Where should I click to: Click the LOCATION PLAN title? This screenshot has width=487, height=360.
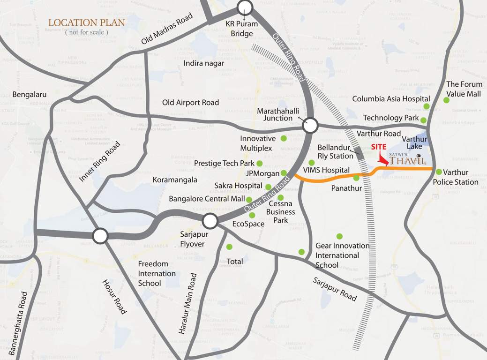pos(87,22)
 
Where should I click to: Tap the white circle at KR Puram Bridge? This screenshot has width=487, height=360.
pos(245,7)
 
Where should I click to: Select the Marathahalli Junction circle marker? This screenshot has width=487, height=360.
pos(310,126)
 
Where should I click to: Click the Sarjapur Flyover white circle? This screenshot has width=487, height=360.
pos(210,220)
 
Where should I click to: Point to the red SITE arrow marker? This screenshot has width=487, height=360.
pos(383,160)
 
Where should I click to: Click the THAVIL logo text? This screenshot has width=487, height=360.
pos(407,161)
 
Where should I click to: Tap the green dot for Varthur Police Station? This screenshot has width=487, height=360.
pos(439,172)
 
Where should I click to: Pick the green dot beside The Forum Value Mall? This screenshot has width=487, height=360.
pos(445,99)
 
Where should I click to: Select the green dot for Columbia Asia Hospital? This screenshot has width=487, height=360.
pos(426,107)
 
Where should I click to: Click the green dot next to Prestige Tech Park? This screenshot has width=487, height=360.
pos(259,163)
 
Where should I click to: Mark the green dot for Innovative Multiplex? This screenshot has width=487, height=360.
pos(283,138)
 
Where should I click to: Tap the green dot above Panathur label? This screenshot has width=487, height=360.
pos(356,178)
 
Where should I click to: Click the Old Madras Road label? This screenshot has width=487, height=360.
pos(167,29)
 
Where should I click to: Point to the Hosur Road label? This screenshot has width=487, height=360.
pos(114,296)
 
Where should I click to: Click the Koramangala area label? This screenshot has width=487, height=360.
pos(175,180)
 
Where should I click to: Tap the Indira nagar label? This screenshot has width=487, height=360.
pos(204,63)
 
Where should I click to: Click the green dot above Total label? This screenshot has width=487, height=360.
pos(229,247)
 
